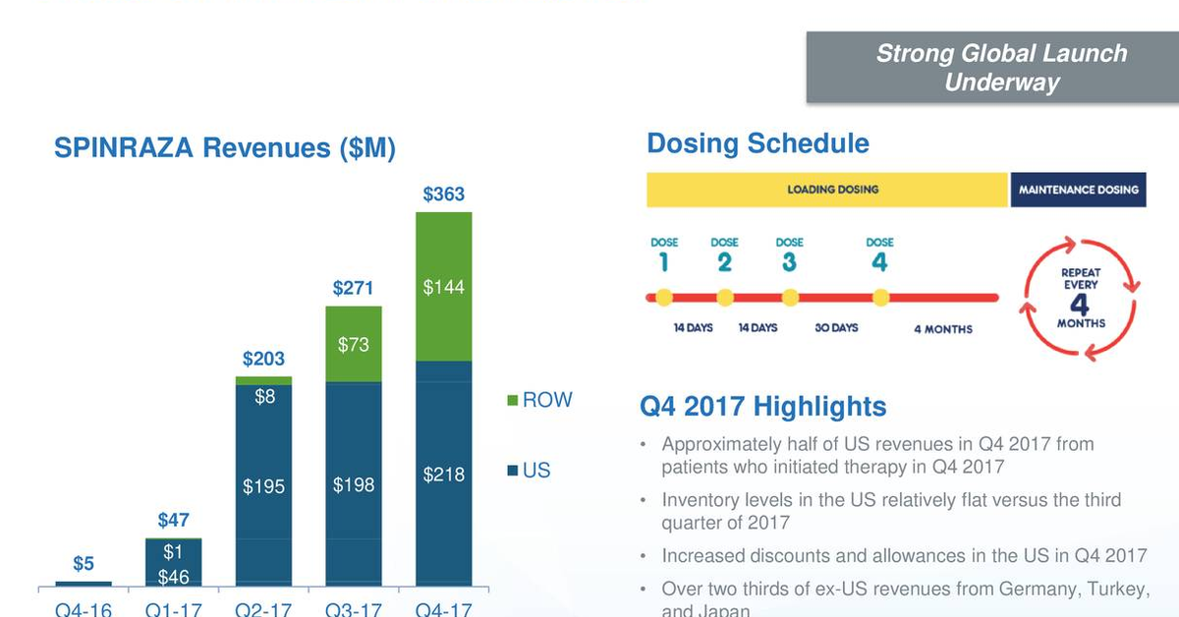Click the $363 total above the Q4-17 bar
click(443, 194)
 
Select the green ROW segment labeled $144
click(443, 288)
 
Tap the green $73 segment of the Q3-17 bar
click(354, 345)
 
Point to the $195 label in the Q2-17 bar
click(263, 485)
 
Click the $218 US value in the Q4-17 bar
click(443, 475)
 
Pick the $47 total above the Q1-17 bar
click(174, 521)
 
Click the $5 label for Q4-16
click(84, 564)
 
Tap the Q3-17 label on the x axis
click(354, 609)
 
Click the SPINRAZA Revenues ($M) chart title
click(225, 148)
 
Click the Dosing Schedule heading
click(758, 143)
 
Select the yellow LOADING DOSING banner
click(827, 190)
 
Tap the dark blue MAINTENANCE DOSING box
click(1078, 190)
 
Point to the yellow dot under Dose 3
click(789, 297)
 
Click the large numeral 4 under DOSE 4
click(879, 262)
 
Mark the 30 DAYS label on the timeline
click(836, 328)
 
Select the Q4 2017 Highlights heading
click(762, 407)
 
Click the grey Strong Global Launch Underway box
click(992, 67)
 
